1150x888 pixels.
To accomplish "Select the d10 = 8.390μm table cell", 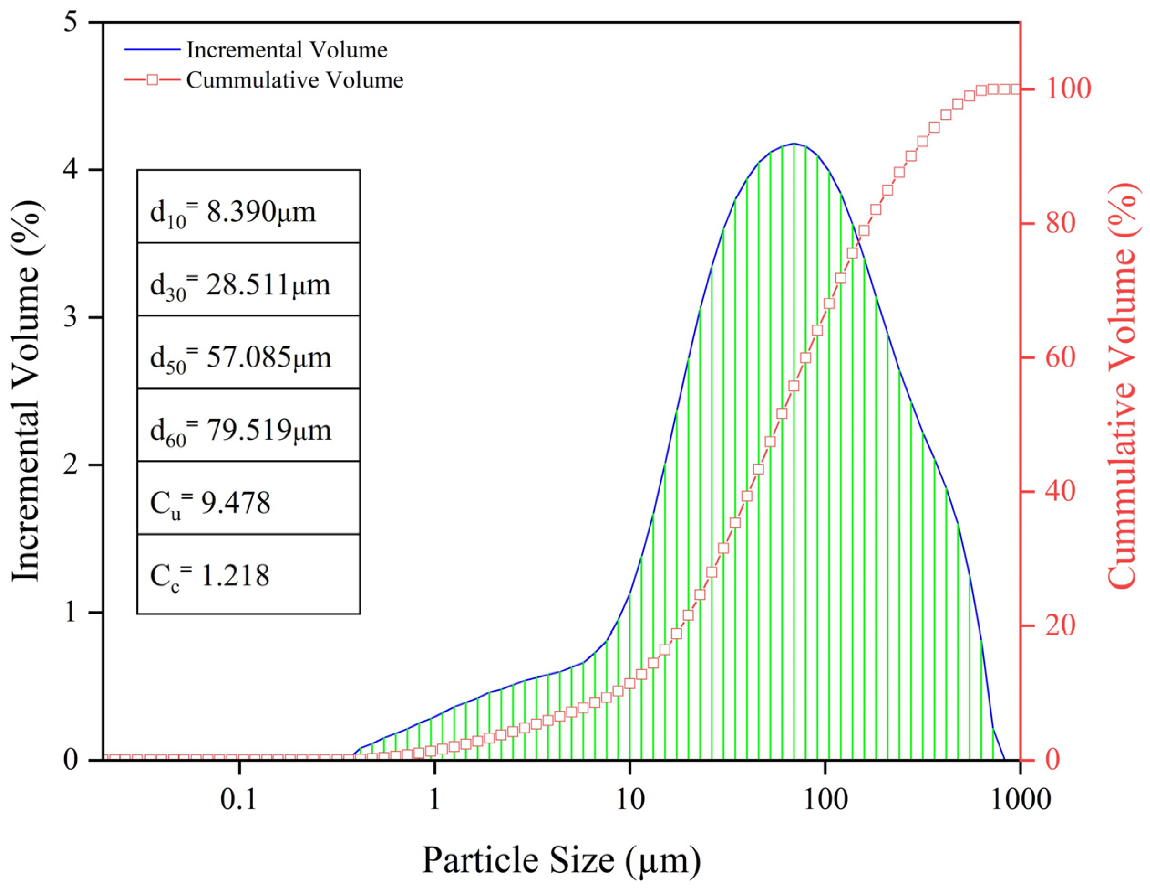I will pyautogui.click(x=248, y=207).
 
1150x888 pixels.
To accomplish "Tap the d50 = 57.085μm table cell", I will pyautogui.click(x=248, y=352).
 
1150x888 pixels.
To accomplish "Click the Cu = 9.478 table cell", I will pyautogui.click(x=248, y=498).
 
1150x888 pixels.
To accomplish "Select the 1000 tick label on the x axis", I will pyautogui.click(x=1020, y=800).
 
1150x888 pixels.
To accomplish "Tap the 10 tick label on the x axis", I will pyautogui.click(x=630, y=800).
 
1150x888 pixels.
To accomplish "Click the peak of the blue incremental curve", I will pyautogui.click(x=794, y=143).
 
